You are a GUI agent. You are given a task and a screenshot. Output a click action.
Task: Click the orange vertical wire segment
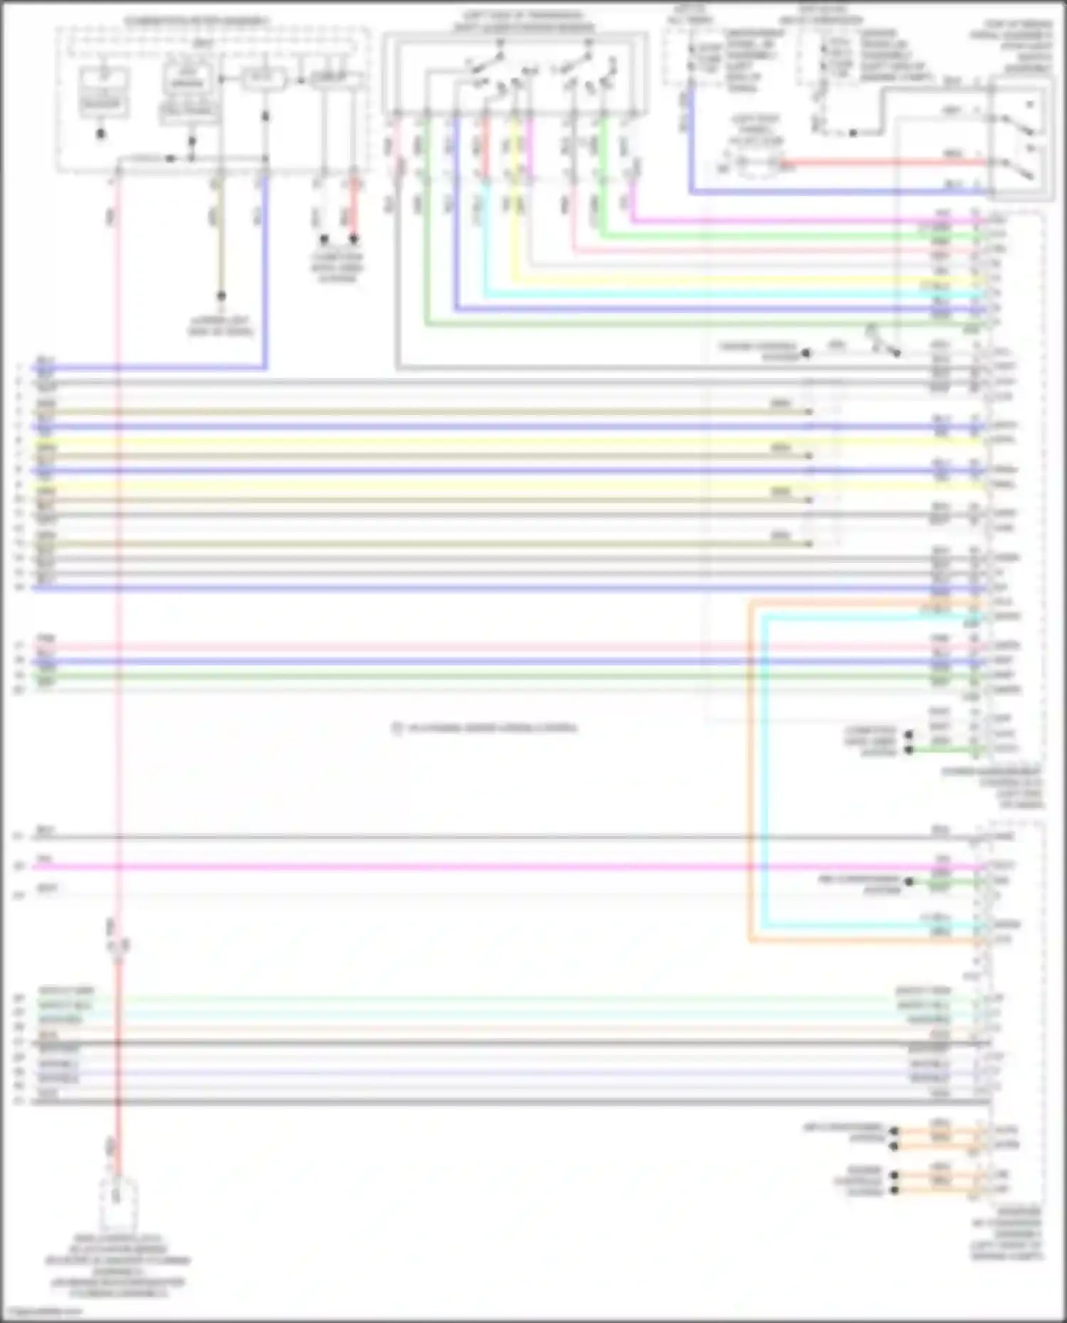coord(750,768)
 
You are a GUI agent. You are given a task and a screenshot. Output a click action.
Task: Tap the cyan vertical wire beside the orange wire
coord(763,768)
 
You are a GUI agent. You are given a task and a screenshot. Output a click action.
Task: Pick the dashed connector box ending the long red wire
coord(118,1204)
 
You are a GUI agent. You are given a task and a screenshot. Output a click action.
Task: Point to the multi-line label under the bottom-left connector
coord(118,1265)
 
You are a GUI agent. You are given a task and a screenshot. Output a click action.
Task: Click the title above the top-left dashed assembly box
coord(197,21)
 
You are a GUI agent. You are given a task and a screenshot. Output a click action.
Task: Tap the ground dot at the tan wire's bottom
coord(221,296)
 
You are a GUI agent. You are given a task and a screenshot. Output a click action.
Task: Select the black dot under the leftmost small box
coord(102,133)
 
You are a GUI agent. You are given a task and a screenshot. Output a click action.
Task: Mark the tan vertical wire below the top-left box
coord(221,235)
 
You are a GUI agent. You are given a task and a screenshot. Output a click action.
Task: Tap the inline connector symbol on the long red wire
coord(118,945)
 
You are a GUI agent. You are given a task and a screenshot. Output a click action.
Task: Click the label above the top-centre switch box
coord(523,21)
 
